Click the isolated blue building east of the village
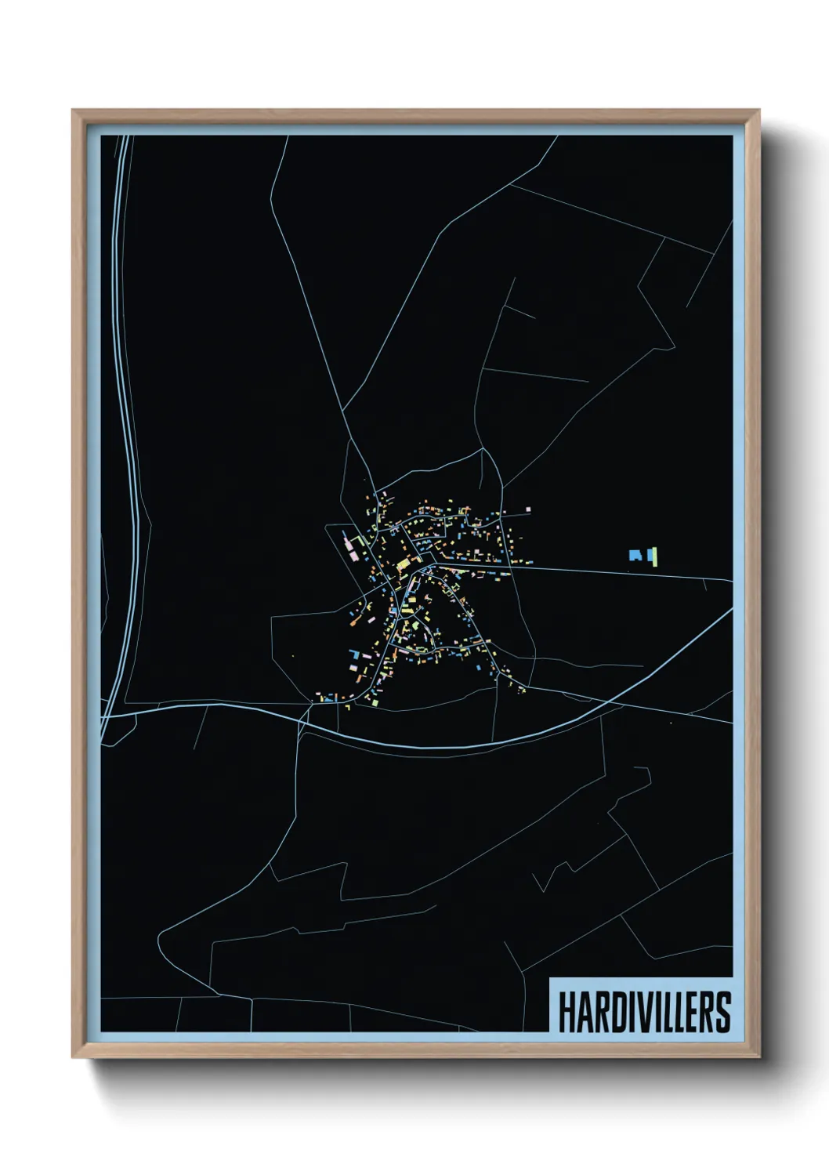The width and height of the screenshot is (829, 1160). pos(635,555)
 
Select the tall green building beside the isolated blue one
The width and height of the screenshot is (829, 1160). pos(653,556)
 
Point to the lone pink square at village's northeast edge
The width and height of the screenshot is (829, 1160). pos(528,509)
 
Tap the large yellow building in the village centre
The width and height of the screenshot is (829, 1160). pos(404,563)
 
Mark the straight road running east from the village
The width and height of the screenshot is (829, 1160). pos(627,573)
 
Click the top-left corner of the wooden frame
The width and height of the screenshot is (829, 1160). pos(74,111)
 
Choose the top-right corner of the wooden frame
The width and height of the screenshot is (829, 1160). pos(758,111)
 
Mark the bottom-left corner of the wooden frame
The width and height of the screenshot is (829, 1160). pos(74,1057)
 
